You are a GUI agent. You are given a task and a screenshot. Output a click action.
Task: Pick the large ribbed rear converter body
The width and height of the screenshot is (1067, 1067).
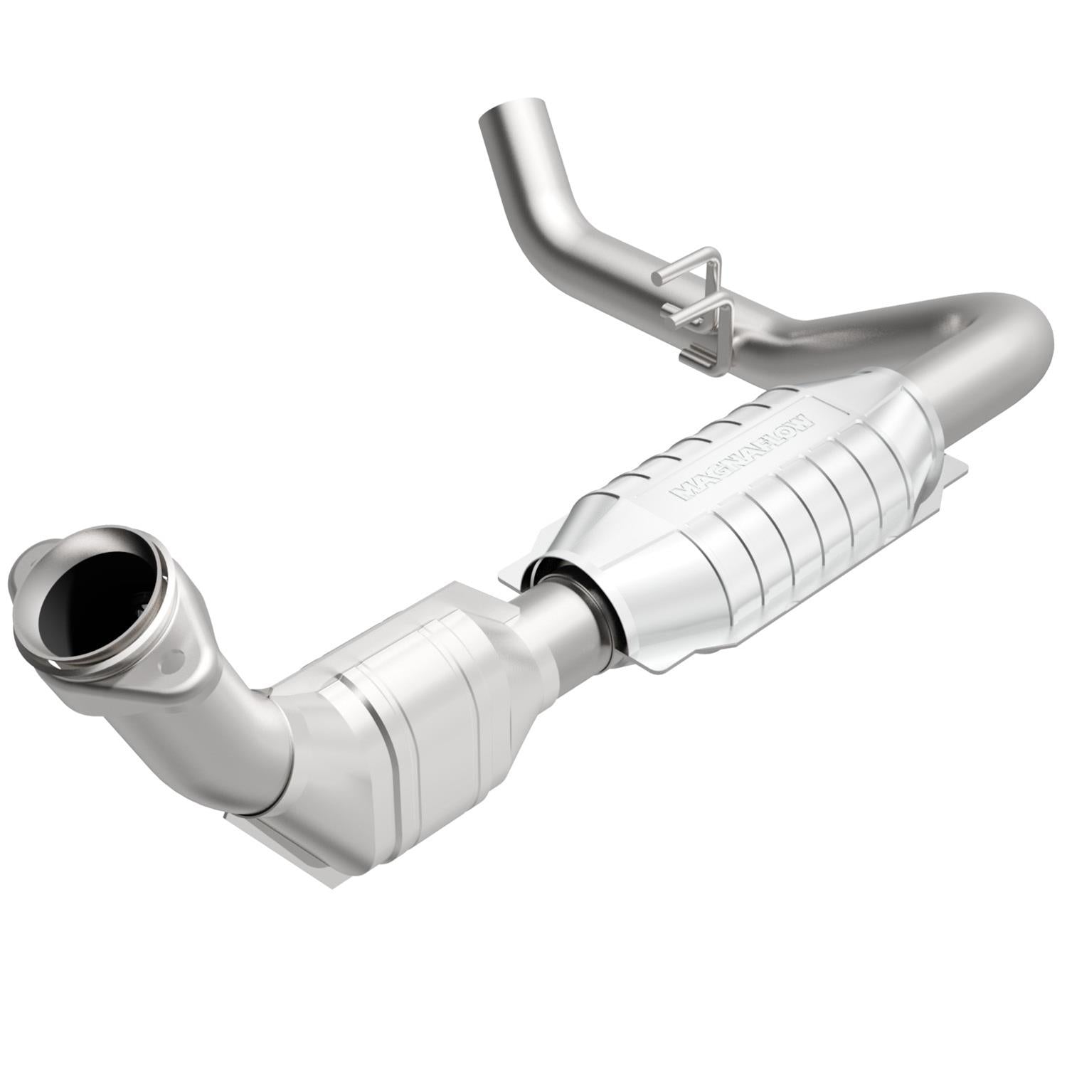point(754,541)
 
